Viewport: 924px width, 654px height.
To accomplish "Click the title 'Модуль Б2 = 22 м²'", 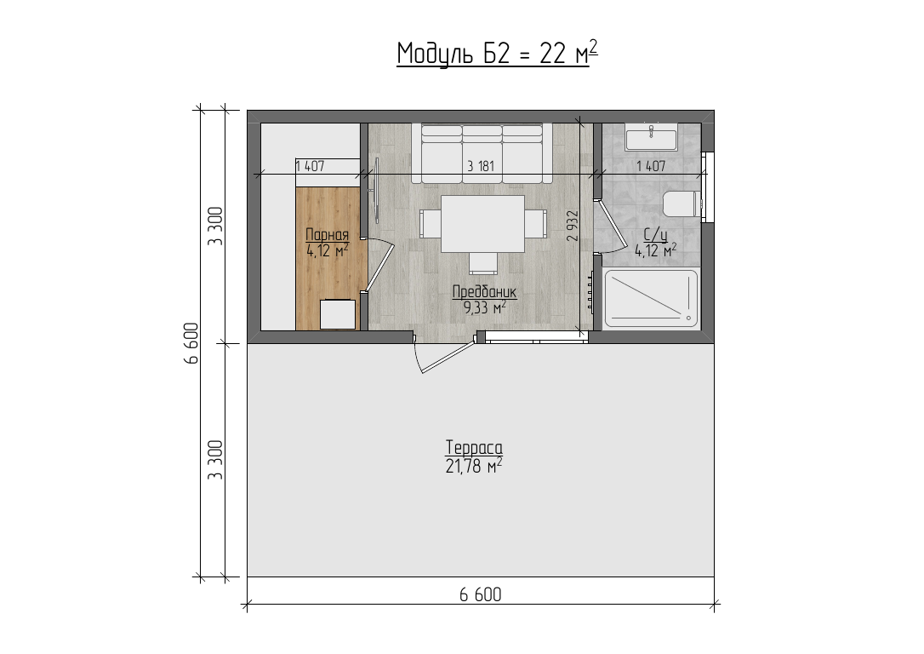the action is click(498, 53).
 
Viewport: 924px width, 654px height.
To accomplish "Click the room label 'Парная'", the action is click(327, 235).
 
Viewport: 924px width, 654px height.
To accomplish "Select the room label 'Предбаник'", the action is click(484, 291).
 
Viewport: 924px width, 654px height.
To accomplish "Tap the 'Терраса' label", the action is click(475, 448).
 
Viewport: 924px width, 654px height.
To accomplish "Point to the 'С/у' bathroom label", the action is click(655, 235).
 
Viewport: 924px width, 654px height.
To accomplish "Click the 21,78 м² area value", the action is click(475, 467).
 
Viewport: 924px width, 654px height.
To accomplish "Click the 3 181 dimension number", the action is click(480, 166).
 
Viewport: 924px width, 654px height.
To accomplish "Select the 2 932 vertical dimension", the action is click(573, 226).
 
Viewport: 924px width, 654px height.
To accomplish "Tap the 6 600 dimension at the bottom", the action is click(480, 594).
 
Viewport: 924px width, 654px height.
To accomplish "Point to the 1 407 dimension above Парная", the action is click(310, 166).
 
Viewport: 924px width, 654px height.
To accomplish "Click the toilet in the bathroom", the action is click(682, 204).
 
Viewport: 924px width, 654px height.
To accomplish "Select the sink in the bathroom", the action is click(651, 138).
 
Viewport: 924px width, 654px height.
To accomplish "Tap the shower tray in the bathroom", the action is click(651, 298).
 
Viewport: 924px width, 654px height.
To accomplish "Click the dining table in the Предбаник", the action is click(482, 223).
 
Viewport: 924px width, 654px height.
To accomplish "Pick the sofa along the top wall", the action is click(482, 152).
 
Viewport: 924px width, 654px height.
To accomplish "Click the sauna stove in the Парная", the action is click(338, 314).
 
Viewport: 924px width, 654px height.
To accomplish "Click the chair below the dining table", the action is click(482, 263).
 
